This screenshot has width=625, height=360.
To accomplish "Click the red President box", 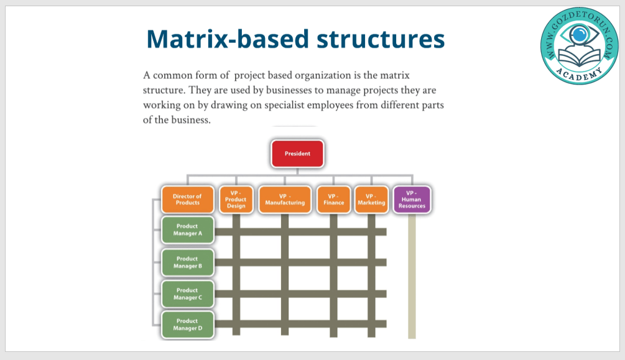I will (x=297, y=154).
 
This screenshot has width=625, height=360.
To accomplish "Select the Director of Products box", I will (x=187, y=200).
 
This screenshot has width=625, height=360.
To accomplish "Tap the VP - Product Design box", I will (x=236, y=200).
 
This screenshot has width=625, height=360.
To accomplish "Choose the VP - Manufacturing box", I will (x=285, y=200).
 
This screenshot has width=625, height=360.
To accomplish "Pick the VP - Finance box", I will (x=333, y=200).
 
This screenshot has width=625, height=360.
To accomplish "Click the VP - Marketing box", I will (x=371, y=200).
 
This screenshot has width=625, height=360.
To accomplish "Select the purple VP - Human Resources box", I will (x=412, y=200).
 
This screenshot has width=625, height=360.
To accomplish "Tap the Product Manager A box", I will (x=187, y=230).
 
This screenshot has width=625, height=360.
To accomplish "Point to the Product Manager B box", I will (x=187, y=262).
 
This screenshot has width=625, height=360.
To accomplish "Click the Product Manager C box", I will (x=187, y=293).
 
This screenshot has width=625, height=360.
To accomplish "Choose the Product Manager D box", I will (x=187, y=325).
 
